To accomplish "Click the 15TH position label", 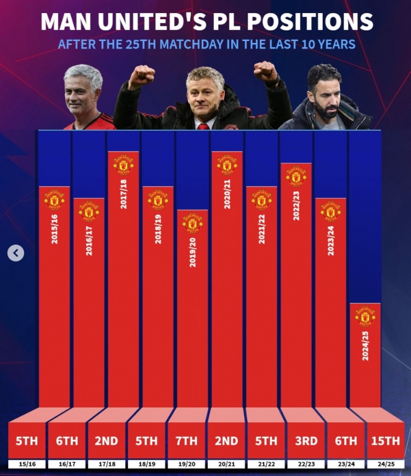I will [386, 440].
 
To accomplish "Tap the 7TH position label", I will [186, 440].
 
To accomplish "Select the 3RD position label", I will [306, 440].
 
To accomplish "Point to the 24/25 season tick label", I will [386, 464].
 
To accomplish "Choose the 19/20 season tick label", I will [186, 464].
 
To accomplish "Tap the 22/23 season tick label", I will [306, 464].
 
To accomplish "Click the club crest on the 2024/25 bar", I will [365, 316].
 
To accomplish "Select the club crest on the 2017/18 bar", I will [123, 164].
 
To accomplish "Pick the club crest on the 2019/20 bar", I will [192, 222].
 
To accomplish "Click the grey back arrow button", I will [16, 253].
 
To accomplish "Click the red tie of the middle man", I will [203, 126].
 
